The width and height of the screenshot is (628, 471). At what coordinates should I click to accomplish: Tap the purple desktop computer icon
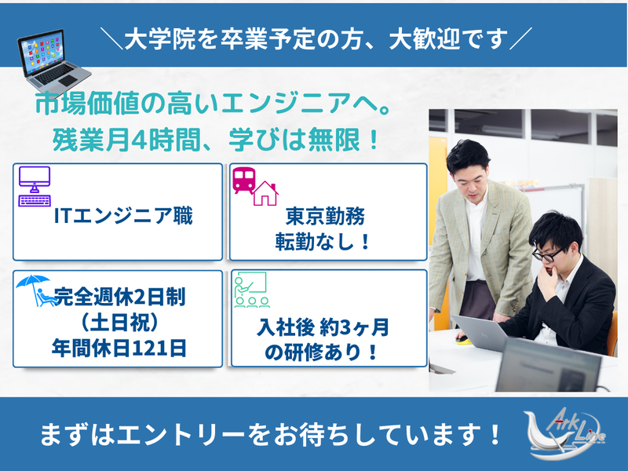35,185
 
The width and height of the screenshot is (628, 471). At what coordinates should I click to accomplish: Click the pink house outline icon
265,192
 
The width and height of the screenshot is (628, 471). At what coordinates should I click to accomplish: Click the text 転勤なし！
326,243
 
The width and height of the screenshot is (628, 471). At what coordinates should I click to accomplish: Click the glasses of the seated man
548,254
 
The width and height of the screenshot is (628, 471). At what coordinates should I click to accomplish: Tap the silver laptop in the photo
482,333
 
